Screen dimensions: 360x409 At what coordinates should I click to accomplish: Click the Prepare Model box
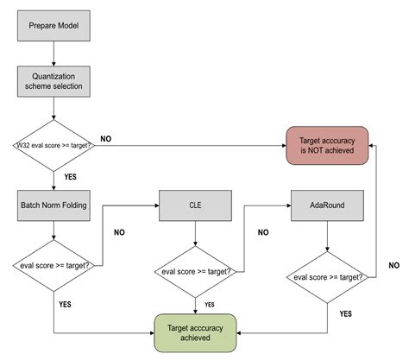tap(53, 26)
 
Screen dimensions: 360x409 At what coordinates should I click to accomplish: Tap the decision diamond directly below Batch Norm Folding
tap(53, 265)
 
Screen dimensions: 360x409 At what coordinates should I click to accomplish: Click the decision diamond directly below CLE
tap(195, 272)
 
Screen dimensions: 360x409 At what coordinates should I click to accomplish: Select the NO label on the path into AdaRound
tap(263, 231)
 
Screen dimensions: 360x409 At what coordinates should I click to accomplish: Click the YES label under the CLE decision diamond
tap(209, 304)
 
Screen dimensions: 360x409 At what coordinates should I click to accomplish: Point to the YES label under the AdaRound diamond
tap(344, 313)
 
